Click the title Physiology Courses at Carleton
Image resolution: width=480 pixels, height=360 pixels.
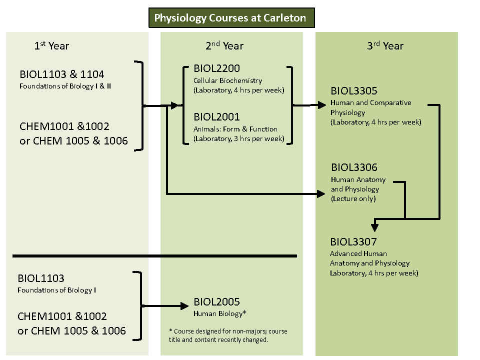(230, 18)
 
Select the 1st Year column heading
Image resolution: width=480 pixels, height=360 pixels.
(51, 46)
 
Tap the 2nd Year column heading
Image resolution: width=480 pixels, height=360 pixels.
(224, 46)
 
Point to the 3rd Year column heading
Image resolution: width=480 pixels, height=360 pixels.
(385, 46)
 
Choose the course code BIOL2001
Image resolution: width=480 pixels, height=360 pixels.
(216, 117)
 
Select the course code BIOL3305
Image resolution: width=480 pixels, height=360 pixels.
(354, 91)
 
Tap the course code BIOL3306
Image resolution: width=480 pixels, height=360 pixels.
(354, 167)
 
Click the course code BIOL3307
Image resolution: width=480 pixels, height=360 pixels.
(353, 242)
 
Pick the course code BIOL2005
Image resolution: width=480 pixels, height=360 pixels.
(216, 302)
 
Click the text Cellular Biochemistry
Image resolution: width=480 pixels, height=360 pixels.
(227, 80)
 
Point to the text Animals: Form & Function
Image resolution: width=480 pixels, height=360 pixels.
(235, 129)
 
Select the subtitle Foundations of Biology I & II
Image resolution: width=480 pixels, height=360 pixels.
(65, 86)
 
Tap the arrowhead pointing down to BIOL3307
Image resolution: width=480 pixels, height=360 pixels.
(375, 226)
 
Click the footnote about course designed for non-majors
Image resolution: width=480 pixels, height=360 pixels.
(228, 335)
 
